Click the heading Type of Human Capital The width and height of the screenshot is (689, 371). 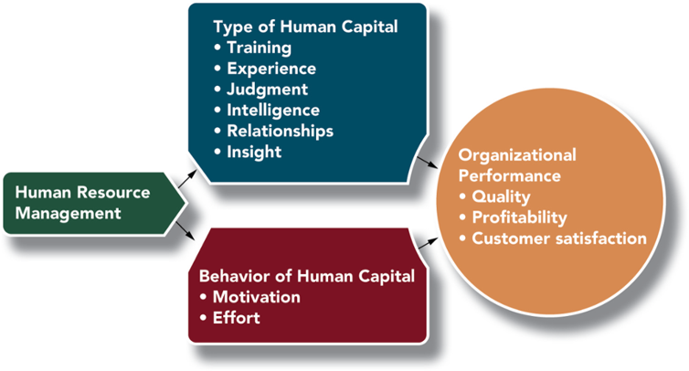pos(304,26)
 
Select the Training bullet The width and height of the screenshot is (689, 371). pos(258,48)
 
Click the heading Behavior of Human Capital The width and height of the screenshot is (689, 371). pos(307,277)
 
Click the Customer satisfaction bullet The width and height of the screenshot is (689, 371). pos(557,238)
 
